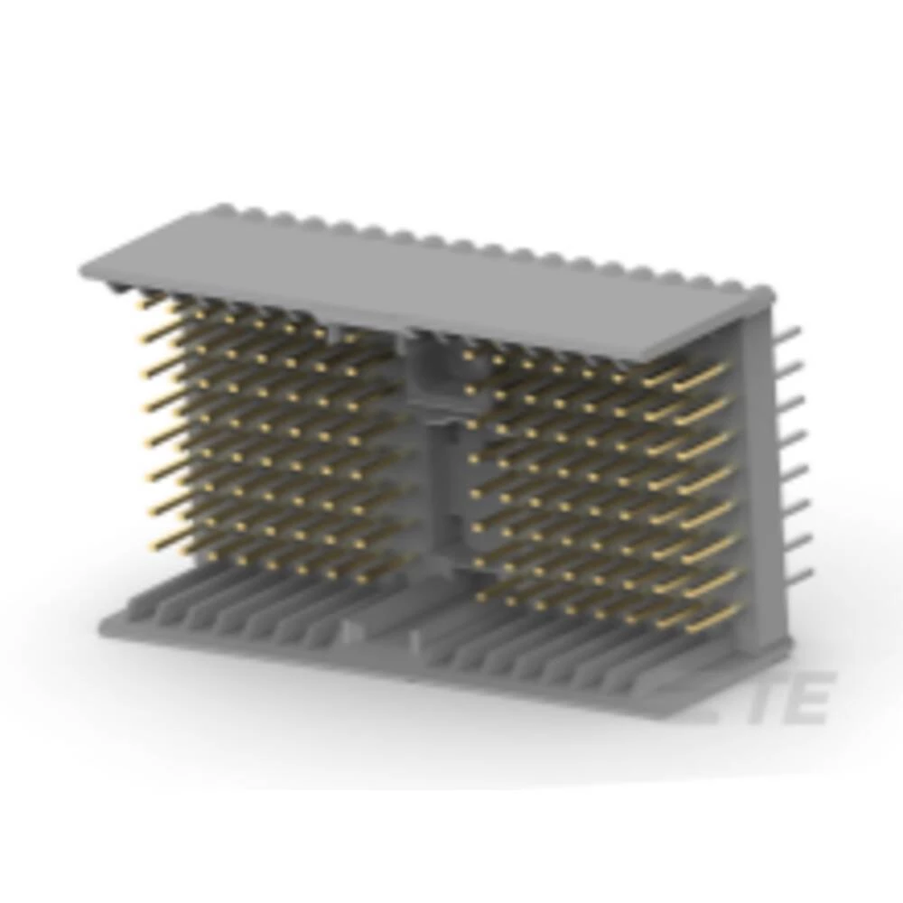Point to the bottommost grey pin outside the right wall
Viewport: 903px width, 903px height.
800,574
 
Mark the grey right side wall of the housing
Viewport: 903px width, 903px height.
763,470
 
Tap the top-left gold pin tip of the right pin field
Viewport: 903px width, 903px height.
468,355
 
